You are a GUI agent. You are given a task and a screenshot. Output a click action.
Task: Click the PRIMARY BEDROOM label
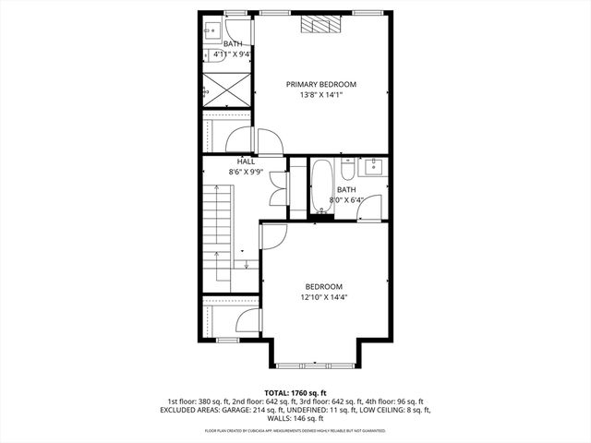click(320, 84)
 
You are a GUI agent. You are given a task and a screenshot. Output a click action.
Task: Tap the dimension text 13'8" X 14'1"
click(320, 94)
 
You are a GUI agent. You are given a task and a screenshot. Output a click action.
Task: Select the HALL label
click(246, 162)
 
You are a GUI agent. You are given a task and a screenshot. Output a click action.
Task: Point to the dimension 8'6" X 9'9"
click(246, 172)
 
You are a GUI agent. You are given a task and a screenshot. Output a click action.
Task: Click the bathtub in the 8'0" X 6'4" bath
click(322, 186)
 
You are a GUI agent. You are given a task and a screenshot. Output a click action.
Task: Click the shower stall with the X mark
click(225, 90)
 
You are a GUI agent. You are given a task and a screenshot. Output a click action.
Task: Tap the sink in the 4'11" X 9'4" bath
click(210, 27)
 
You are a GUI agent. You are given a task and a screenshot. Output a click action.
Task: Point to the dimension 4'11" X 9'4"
click(232, 54)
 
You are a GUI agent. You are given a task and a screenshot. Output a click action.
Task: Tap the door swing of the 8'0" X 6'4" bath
click(370, 211)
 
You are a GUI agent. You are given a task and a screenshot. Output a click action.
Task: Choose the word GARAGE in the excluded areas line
click(319, 411)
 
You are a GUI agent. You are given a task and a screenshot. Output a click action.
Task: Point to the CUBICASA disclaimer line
click(295, 431)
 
